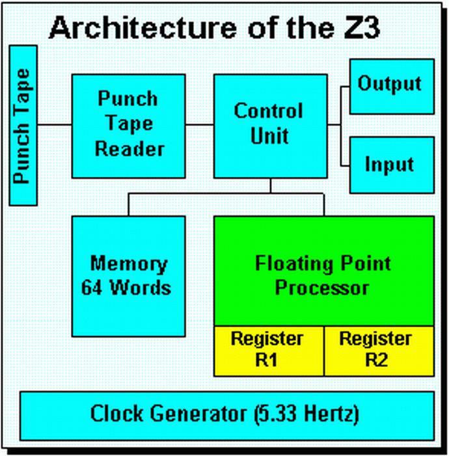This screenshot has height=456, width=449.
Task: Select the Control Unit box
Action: pyautogui.click(x=269, y=125)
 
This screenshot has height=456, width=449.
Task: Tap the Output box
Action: pyautogui.click(x=391, y=85)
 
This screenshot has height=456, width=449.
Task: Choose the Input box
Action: pyautogui.click(x=391, y=163)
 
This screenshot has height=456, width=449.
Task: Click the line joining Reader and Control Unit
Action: pyautogui.click(x=199, y=124)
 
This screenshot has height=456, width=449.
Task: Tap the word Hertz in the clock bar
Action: pyautogui.click(x=330, y=414)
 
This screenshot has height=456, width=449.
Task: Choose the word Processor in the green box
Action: pyautogui.click(x=322, y=288)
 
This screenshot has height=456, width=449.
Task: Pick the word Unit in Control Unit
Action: pyautogui.click(x=269, y=137)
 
